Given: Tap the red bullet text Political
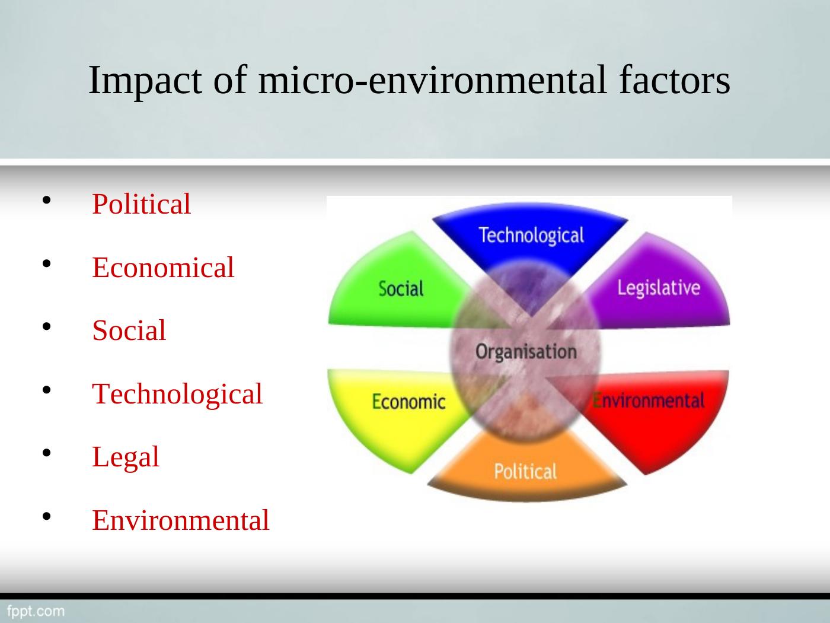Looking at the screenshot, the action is (142, 204).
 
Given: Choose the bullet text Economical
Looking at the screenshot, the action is (163, 267).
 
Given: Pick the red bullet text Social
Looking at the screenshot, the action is (129, 330).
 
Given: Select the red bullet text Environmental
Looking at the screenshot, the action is (181, 520).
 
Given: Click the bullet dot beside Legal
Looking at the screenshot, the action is (46, 453).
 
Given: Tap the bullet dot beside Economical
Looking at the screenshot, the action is (46, 263).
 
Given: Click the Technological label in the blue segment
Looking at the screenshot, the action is (531, 236).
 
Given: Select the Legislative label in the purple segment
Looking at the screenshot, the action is (659, 288).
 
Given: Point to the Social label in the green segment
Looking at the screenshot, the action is (401, 288).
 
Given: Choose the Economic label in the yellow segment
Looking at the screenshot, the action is (408, 401).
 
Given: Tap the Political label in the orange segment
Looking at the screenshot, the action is (525, 471).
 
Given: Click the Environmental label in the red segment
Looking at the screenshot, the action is (648, 401).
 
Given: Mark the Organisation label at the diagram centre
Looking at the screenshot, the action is (526, 352).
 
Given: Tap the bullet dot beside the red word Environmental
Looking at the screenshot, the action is (46, 516).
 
